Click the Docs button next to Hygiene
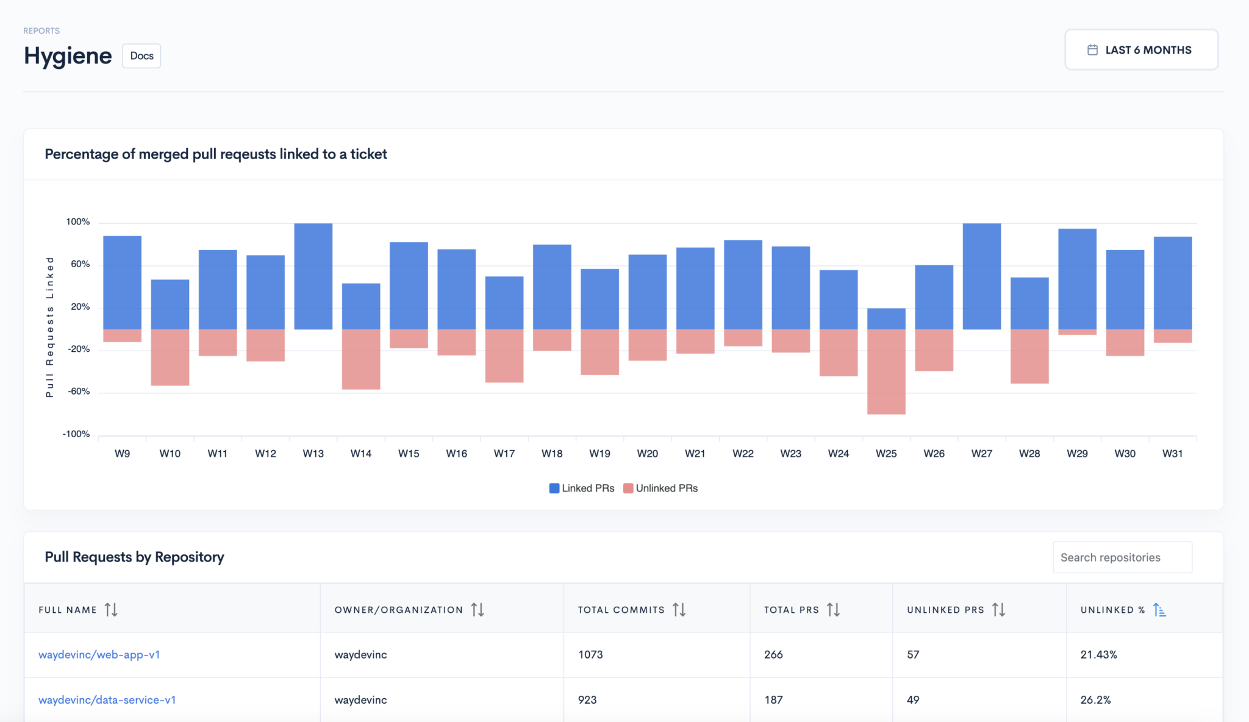(141, 56)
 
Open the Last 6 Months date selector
(1141, 50)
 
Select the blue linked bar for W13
(313, 276)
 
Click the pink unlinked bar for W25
(886, 372)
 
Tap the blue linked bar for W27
(981, 276)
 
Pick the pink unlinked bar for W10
(170, 357)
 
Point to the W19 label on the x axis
(599, 454)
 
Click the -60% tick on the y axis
(79, 391)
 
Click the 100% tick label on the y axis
(78, 222)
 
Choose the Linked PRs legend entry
(582, 488)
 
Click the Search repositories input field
(1122, 557)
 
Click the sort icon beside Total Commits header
(679, 610)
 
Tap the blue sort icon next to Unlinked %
(1159, 610)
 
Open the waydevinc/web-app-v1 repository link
(99, 655)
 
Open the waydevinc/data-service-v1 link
(107, 700)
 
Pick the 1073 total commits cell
(590, 655)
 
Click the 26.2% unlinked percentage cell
(1095, 700)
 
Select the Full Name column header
(68, 610)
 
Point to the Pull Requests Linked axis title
(50, 327)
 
